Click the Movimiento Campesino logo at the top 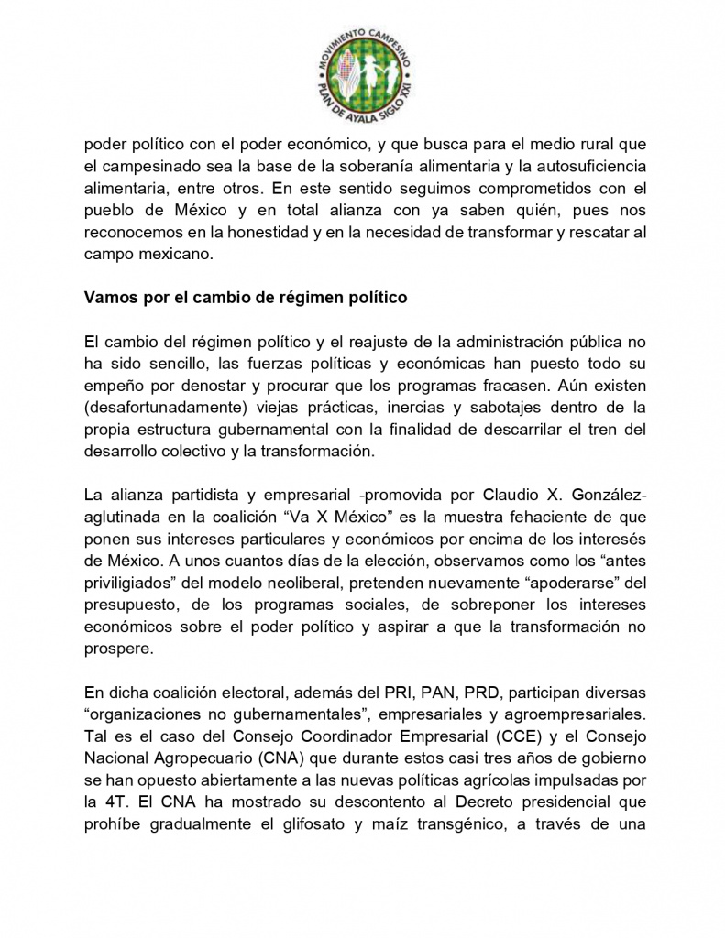coord(362,70)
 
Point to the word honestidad coord(280,233)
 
